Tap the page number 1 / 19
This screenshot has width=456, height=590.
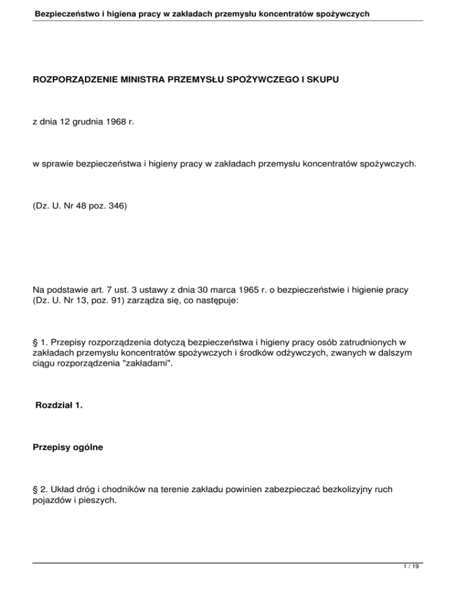(414, 574)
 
